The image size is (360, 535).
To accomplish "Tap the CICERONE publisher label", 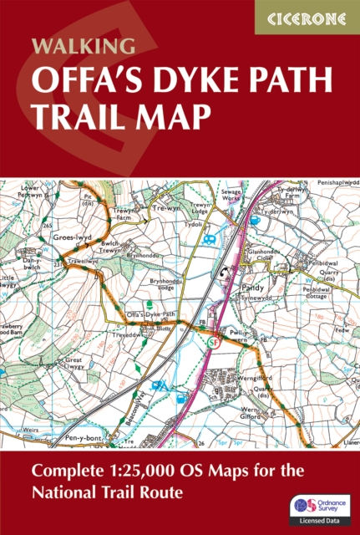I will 306,17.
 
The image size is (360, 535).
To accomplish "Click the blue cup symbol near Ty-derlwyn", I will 253,222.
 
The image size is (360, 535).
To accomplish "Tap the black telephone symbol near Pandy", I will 225,273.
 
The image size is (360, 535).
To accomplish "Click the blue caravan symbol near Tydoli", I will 208,239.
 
